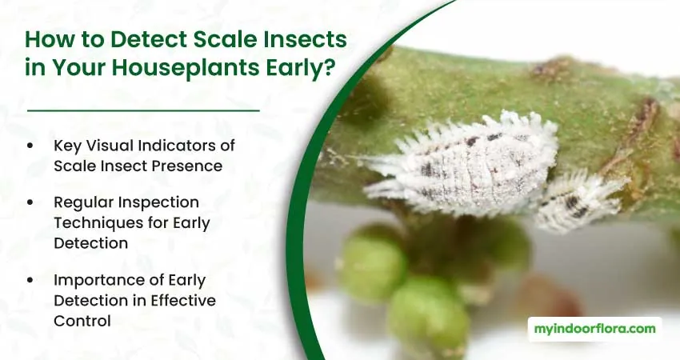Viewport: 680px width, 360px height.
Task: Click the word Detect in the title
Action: pyautogui.click(x=148, y=39)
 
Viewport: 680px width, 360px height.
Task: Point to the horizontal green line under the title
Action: pyautogui.click(x=143, y=110)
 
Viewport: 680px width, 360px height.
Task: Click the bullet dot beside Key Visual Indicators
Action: pyautogui.click(x=30, y=146)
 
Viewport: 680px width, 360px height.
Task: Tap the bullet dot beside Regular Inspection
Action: pyautogui.click(x=30, y=202)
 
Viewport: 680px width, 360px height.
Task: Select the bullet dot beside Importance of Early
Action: pyautogui.click(x=30, y=280)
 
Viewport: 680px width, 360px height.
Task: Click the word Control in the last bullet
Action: pyautogui.click(x=82, y=321)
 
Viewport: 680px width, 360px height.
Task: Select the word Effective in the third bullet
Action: pyautogui.click(x=183, y=300)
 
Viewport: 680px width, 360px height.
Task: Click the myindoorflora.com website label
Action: pyautogui.click(x=594, y=330)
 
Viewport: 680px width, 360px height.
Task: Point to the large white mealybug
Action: pyautogui.click(x=461, y=165)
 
